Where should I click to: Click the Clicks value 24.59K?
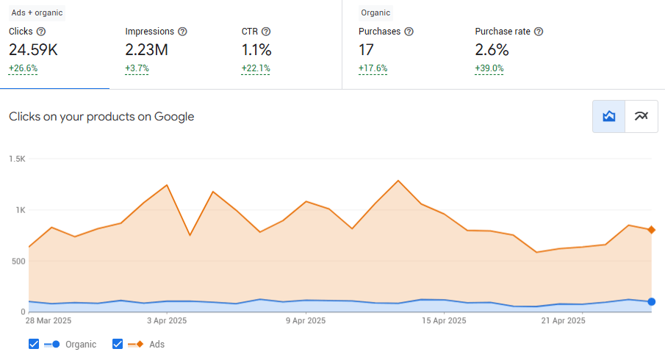[33, 50]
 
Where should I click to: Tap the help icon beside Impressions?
[182, 32]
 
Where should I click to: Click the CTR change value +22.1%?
[256, 68]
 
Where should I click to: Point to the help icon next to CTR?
[266, 32]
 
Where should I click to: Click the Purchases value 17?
[367, 50]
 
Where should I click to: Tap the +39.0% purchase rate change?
[489, 68]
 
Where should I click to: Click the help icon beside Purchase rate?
[539, 32]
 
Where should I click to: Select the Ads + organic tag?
[37, 12]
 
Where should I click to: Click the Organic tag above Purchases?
[375, 12]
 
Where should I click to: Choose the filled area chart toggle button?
[609, 116]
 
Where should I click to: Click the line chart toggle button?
[641, 116]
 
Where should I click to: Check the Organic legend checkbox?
[34, 344]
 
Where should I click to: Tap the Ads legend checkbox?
[118, 344]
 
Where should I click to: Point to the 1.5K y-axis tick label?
[17, 159]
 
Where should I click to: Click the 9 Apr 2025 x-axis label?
[305, 321]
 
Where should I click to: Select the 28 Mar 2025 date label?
[48, 321]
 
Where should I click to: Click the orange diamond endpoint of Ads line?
[651, 230]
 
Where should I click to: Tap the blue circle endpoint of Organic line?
[651, 302]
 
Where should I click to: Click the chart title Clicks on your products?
[101, 116]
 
